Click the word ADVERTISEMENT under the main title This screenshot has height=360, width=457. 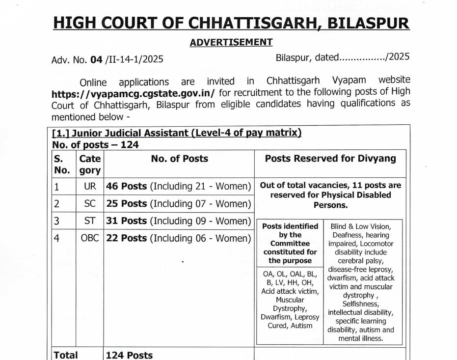point(231,42)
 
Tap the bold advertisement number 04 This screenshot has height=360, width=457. point(96,60)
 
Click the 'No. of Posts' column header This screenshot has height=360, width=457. point(179,159)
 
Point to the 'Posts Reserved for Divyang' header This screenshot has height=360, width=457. point(330,159)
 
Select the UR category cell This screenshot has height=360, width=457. point(90,186)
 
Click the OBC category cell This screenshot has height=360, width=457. point(90,238)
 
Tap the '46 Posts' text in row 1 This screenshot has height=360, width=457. point(127,186)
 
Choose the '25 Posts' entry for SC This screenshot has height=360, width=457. point(127,203)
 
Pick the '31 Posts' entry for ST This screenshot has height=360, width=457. point(127,221)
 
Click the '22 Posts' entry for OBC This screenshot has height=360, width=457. point(127,238)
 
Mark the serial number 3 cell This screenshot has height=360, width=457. point(56,221)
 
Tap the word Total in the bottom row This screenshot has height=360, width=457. point(65,355)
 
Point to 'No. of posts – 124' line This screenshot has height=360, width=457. point(95,144)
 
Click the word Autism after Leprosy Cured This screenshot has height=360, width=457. point(301,325)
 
